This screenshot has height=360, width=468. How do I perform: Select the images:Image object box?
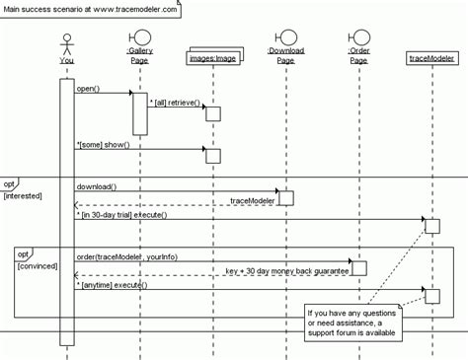[x=211, y=58]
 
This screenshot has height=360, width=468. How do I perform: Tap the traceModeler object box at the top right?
[x=429, y=60]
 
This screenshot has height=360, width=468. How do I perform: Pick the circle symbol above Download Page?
[x=285, y=40]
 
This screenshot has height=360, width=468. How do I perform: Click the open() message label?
[x=88, y=89]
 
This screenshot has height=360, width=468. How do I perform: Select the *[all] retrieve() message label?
[x=175, y=103]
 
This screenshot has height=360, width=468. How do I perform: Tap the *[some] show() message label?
[x=103, y=145]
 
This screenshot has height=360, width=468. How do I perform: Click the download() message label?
[x=97, y=185]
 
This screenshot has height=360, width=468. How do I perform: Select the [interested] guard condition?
[x=22, y=195]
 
